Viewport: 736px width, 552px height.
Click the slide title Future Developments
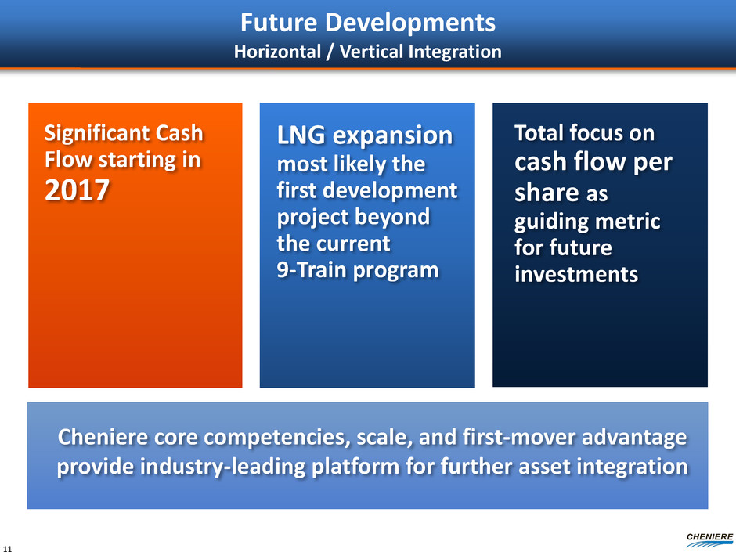pyautogui.click(x=368, y=23)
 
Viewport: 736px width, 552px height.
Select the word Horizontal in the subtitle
pyautogui.click(x=277, y=52)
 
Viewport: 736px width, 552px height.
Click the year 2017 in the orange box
pyautogui.click(x=77, y=190)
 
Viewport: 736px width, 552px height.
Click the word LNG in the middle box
pyautogui.click(x=301, y=135)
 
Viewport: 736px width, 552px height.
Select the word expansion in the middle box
pyautogui.click(x=392, y=136)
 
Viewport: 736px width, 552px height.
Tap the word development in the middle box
pyautogui.click(x=391, y=190)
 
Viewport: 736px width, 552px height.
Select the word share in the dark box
pyautogui.click(x=547, y=193)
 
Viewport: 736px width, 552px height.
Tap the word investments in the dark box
pyautogui.click(x=576, y=275)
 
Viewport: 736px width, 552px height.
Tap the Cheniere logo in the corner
pyautogui.click(x=709, y=539)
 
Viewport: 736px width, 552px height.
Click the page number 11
pyautogui.click(x=7, y=548)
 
